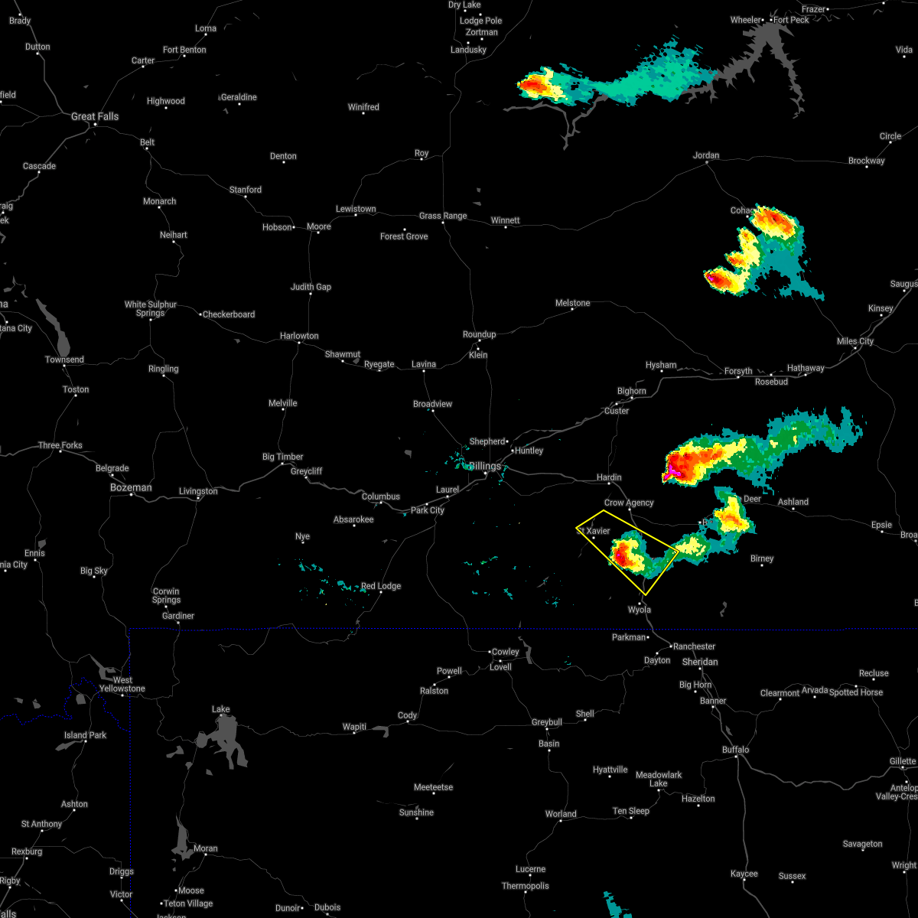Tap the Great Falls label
tap(95, 116)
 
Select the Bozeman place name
tap(131, 487)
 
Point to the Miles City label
tap(855, 341)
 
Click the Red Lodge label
tap(381, 586)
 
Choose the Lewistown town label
tap(356, 209)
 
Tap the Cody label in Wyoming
tap(407, 716)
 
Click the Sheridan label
tap(700, 662)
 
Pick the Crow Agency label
tap(629, 503)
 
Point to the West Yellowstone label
tap(122, 684)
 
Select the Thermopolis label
tap(526, 886)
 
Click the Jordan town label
tap(706, 155)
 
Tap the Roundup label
tap(480, 334)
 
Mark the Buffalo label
tap(736, 750)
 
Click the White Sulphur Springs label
tap(151, 308)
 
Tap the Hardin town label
tap(609, 477)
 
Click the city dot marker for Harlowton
tap(298, 343)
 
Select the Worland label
tap(561, 814)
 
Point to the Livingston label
tap(198, 491)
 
